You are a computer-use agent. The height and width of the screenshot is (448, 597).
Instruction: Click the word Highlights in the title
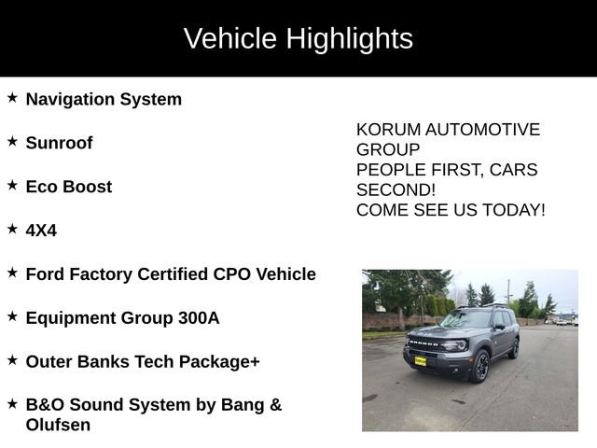(x=349, y=39)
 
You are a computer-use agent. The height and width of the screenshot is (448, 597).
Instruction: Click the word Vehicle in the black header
(x=229, y=39)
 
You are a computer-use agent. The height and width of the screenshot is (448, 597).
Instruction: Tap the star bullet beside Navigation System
(x=12, y=97)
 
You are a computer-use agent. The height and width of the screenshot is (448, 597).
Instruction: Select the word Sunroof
(x=59, y=143)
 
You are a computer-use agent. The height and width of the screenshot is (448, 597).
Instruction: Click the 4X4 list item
(x=41, y=231)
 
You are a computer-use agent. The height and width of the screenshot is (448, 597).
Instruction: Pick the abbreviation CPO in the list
(x=231, y=274)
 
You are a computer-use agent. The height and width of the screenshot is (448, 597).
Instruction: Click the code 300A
(x=199, y=318)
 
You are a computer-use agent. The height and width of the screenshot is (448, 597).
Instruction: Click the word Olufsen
(x=58, y=426)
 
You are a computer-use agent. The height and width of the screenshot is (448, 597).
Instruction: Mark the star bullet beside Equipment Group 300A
(x=12, y=316)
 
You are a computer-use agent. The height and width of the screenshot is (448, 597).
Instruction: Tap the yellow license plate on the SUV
(x=420, y=360)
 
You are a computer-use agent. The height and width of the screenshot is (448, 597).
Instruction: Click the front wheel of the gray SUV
(x=481, y=367)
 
